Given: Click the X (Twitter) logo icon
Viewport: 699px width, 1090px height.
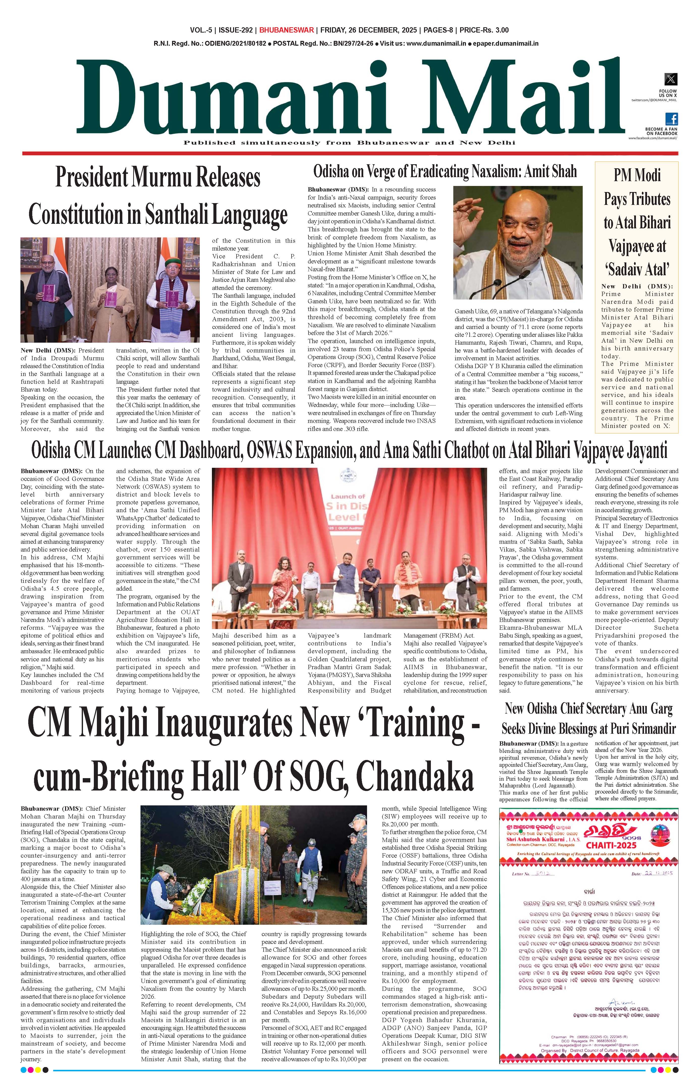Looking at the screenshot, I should (670, 79).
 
